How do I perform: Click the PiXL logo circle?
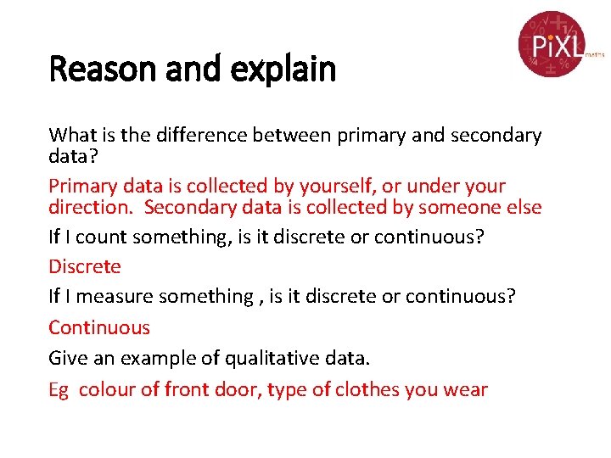tap(552, 43)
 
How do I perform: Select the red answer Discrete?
tap(85, 267)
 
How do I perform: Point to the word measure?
tap(114, 297)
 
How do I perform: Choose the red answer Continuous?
tap(99, 327)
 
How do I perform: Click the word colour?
tap(106, 390)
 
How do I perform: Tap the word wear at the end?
tap(466, 390)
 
